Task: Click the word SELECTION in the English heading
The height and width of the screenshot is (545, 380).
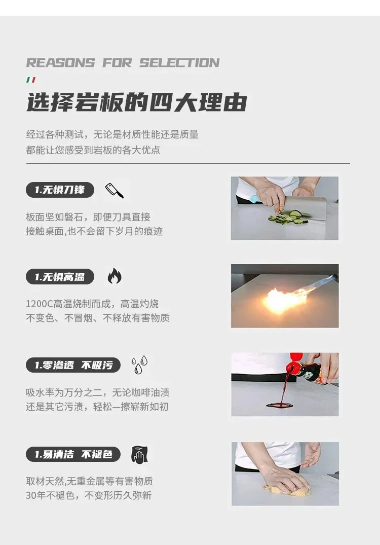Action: click(x=179, y=62)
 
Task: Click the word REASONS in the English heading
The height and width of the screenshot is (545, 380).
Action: click(x=60, y=62)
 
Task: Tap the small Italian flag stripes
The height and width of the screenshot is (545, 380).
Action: click(x=31, y=80)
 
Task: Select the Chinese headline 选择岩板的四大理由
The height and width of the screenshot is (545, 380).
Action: click(x=136, y=102)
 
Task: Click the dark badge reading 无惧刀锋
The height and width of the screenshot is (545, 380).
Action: click(x=60, y=190)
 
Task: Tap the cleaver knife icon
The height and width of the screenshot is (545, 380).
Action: click(x=115, y=191)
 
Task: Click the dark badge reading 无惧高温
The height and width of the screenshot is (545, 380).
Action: click(x=60, y=277)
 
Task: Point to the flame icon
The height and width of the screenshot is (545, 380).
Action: click(x=115, y=276)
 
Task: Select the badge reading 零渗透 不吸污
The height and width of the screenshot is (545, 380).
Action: click(x=73, y=365)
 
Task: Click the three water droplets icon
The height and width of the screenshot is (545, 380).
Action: click(x=139, y=365)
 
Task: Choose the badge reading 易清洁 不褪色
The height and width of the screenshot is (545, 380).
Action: click(x=73, y=454)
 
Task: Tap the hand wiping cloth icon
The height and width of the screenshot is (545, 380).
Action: click(x=140, y=454)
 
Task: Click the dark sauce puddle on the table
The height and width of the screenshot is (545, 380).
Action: click(x=279, y=405)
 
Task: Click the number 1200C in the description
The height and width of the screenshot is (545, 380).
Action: click(x=39, y=304)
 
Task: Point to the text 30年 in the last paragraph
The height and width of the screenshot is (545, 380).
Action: click(x=36, y=495)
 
